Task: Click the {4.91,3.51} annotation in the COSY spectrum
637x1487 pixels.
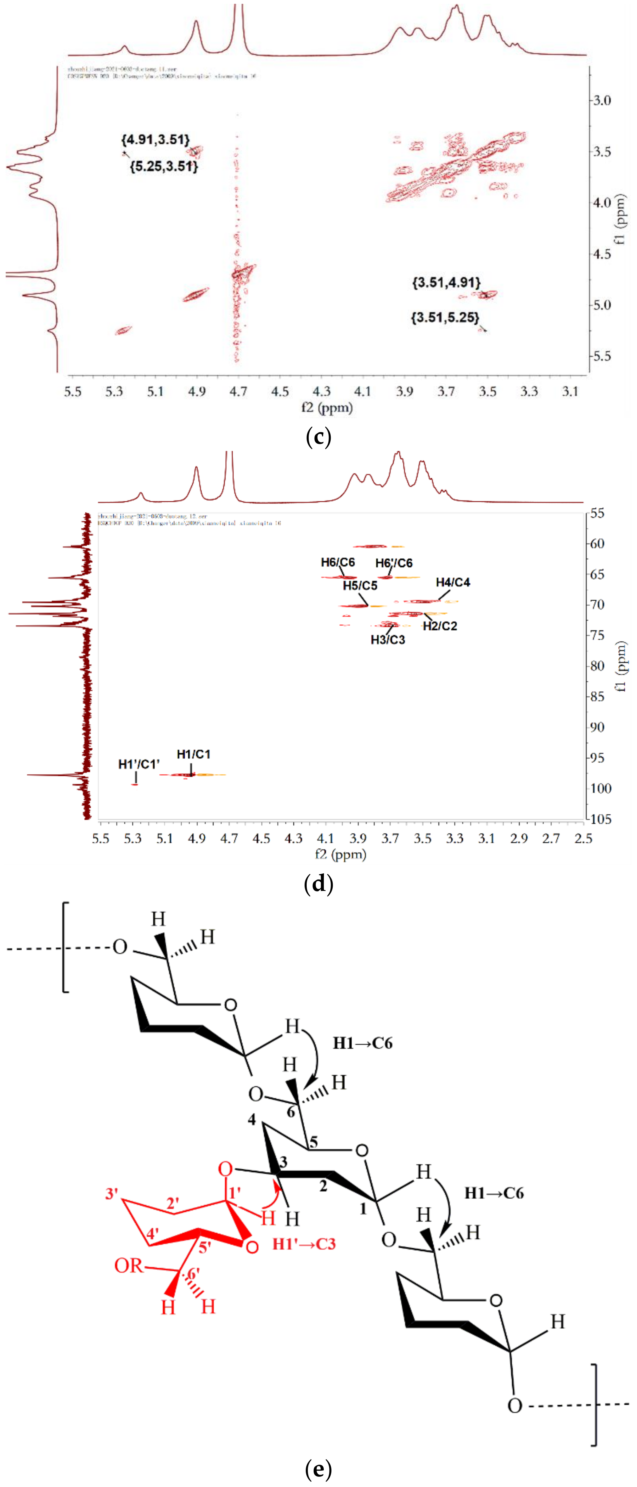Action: [x=155, y=140]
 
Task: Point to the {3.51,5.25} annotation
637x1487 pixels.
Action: [x=445, y=318]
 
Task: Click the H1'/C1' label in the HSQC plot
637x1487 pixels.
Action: [x=139, y=764]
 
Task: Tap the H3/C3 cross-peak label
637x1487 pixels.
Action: [x=388, y=640]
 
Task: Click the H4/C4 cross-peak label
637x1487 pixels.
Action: [x=453, y=582]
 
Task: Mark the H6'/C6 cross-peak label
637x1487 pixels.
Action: [x=394, y=563]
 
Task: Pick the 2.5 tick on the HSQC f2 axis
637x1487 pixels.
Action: [x=583, y=838]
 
